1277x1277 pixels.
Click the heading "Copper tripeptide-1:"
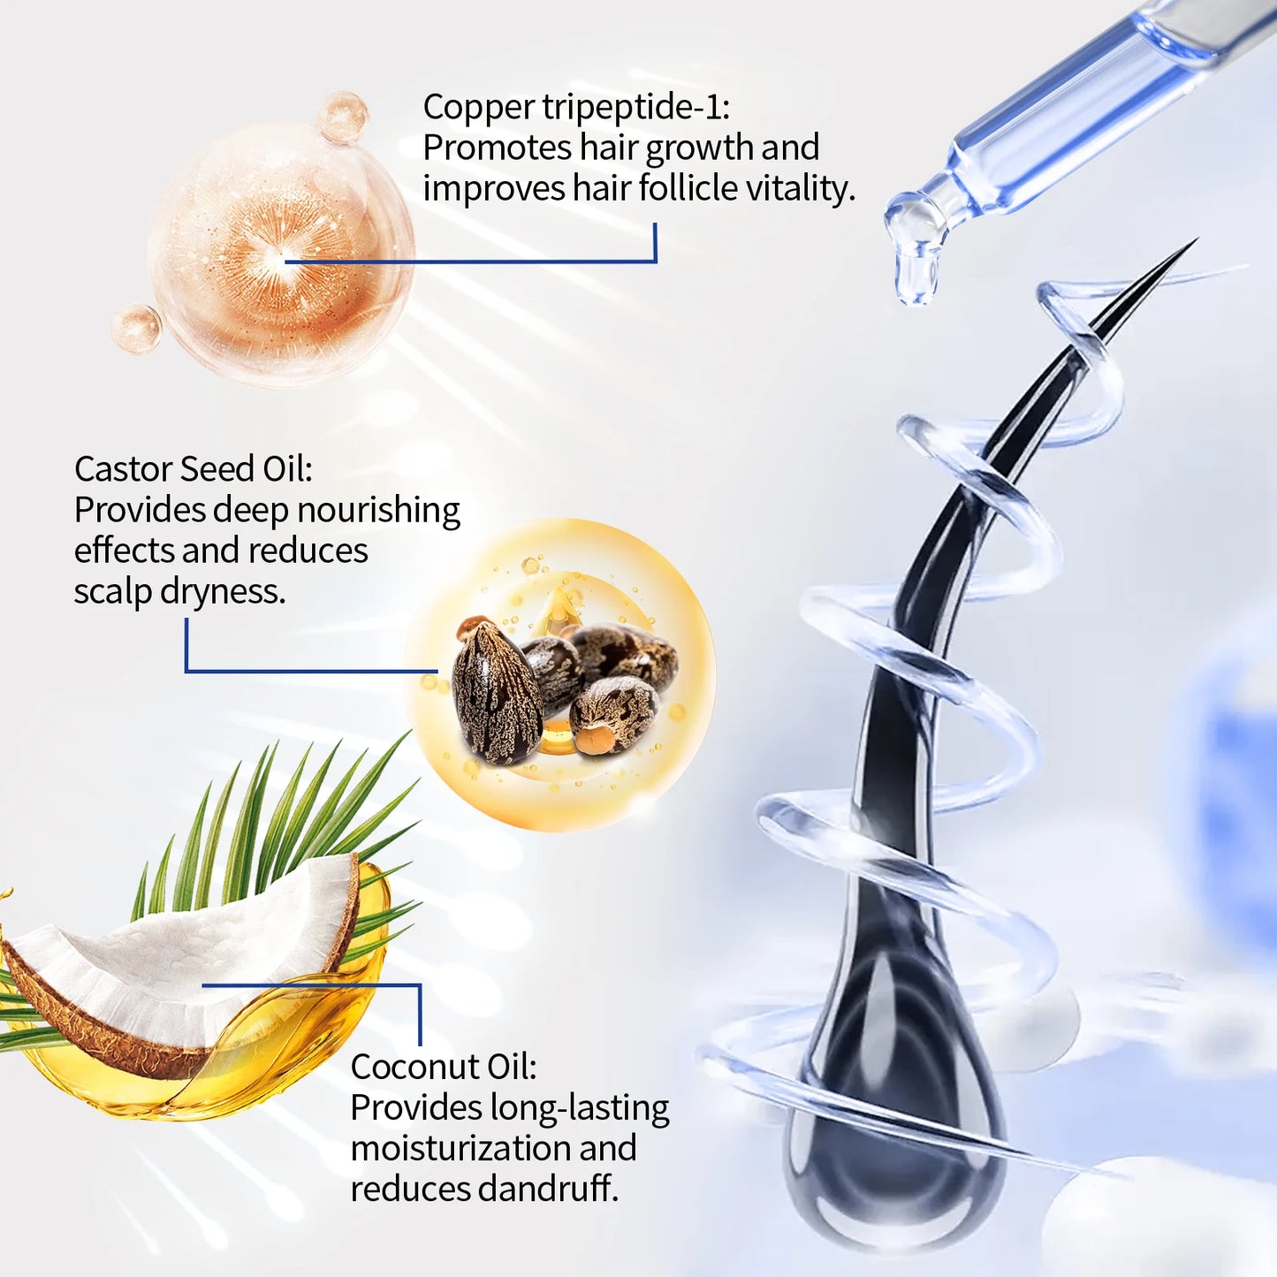576,107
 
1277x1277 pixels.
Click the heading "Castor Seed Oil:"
193,469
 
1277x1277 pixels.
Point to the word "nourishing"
378,511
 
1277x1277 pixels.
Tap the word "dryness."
223,591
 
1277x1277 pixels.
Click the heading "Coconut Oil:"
443,1067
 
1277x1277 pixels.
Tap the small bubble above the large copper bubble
342,117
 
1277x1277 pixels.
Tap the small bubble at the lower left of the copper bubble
136,329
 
